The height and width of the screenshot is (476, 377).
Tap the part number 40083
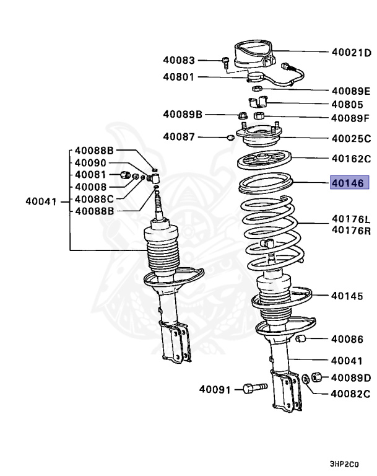click(179, 61)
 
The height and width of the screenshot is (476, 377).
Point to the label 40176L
click(351, 219)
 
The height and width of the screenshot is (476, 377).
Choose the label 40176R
click(351, 231)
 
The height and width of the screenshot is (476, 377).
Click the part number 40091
click(215, 390)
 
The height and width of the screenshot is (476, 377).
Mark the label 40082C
click(350, 393)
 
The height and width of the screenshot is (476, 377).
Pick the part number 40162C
click(351, 158)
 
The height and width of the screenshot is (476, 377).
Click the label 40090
click(90, 162)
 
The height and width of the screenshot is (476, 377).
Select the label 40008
click(90, 187)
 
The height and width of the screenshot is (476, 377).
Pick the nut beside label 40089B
click(243, 115)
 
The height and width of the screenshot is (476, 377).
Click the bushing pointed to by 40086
click(303, 338)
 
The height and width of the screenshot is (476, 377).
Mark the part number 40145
click(347, 296)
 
